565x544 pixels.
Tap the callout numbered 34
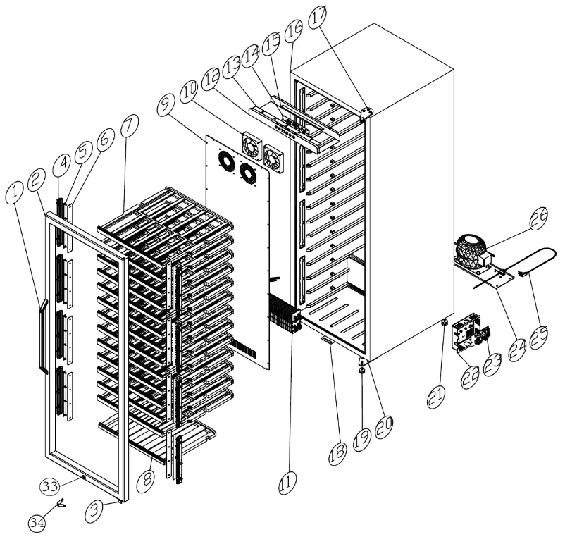point(37,522)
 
